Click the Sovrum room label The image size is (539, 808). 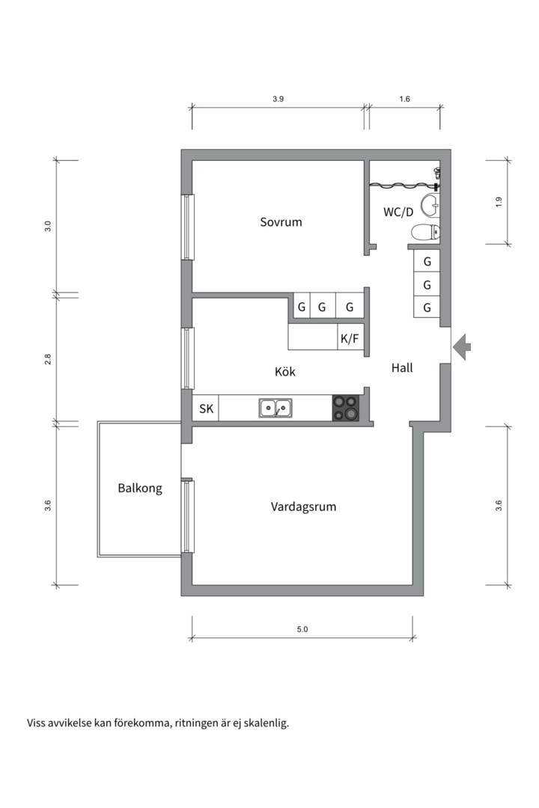coord(281,222)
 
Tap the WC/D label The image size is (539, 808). coord(398,212)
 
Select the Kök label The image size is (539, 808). coord(284,372)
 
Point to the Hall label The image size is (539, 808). coord(402,367)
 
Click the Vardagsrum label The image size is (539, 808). coord(303,506)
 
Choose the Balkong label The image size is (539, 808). coord(140,488)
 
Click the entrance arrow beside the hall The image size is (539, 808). coord(462,347)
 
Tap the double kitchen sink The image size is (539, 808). coord(275,408)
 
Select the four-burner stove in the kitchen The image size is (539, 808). coord(346,408)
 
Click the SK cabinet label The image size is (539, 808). coord(207,408)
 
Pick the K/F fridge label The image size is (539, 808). coord(349,339)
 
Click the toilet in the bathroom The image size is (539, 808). coord(426,233)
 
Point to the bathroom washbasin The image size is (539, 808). coord(430,206)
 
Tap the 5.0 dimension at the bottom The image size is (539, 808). coord(302,629)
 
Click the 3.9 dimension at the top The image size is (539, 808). coord(278,99)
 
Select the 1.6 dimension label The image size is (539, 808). coord(404,99)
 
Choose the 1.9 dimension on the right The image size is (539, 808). coord(499,203)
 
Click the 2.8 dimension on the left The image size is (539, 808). coord(47,359)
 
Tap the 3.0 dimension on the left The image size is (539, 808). coord(47,226)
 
